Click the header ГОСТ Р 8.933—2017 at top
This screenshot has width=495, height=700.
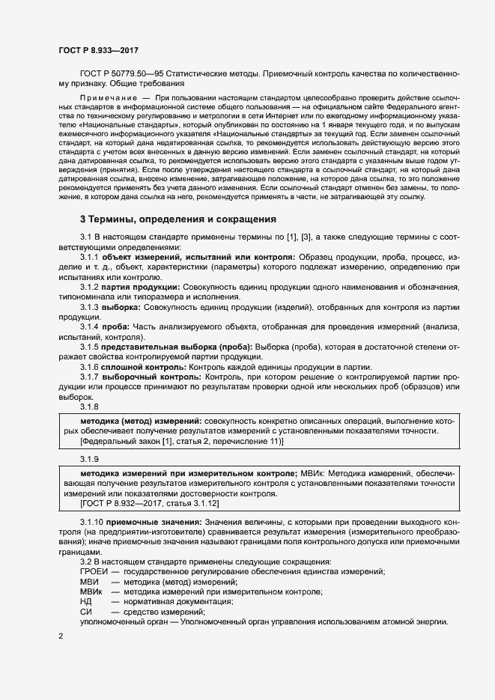click(x=97, y=50)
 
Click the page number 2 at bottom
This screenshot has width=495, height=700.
click(x=60, y=636)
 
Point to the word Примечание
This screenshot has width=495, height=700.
click(x=108, y=98)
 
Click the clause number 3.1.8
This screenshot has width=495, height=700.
click(x=89, y=407)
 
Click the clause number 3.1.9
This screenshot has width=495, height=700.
click(x=89, y=458)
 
